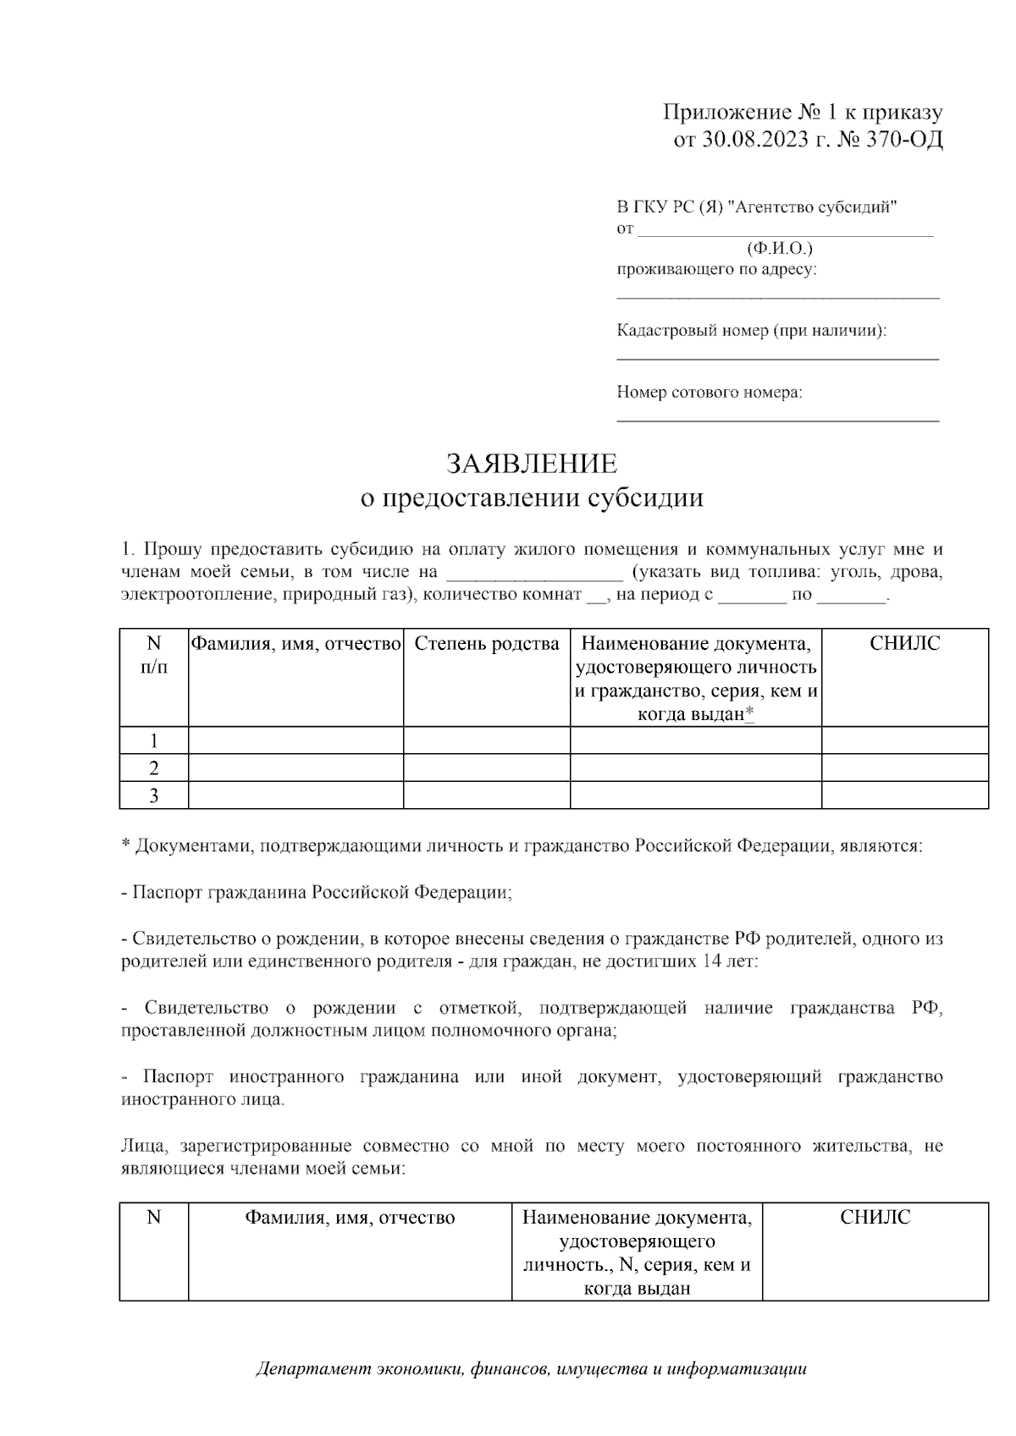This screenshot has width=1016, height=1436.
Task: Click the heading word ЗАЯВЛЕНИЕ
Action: click(x=532, y=464)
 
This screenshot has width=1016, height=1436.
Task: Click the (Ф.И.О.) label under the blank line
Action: click(x=779, y=249)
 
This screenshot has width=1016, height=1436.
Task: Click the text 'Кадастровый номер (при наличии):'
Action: click(x=752, y=331)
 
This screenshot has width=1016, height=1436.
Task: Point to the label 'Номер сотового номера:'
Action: click(x=710, y=393)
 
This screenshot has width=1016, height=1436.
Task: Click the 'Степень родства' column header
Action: click(x=487, y=644)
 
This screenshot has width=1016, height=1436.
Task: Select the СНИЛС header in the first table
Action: click(x=904, y=644)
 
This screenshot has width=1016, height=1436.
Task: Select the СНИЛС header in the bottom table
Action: click(x=875, y=1218)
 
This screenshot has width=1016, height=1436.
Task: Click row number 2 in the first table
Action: click(x=154, y=768)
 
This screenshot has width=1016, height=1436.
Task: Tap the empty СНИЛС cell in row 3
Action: click(x=904, y=795)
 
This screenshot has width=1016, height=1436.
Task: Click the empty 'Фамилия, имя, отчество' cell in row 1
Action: click(x=295, y=740)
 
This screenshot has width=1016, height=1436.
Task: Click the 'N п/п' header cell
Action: click(x=154, y=655)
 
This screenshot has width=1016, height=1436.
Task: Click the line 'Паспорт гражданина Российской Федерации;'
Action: click(x=317, y=893)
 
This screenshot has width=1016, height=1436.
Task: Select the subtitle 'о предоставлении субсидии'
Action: click(x=532, y=498)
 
